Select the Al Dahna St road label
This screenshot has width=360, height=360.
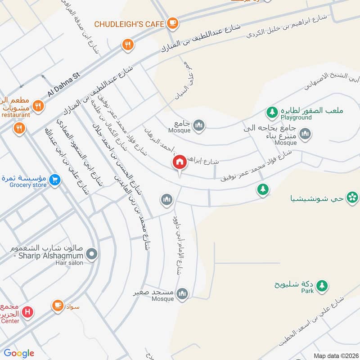(x=63, y=85)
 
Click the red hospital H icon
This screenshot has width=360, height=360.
(x=28, y=311)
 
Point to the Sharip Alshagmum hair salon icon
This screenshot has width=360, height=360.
(x=92, y=255)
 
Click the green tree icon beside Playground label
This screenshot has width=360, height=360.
(x=272, y=111)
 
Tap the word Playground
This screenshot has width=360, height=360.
(x=296, y=117)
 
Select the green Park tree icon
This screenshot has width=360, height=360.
(x=321, y=285)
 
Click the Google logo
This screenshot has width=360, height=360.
(x=19, y=353)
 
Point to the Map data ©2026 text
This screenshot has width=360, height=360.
(x=335, y=355)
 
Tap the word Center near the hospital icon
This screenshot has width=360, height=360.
(x=9, y=321)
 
